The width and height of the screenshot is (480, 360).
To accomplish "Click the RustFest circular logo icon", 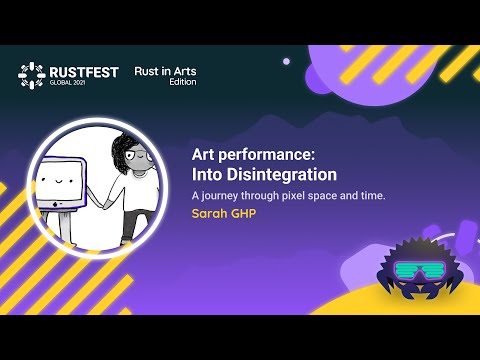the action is (x=32, y=76).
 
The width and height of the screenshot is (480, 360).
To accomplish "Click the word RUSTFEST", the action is (x=84, y=72).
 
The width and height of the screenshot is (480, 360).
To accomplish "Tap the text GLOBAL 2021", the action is (x=67, y=83).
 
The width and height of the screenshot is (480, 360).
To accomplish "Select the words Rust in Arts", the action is (x=165, y=71).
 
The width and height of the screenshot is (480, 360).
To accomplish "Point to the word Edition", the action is (x=183, y=82).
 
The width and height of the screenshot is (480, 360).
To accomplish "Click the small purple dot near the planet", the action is (x=286, y=61).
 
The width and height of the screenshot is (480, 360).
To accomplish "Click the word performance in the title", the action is (x=266, y=155).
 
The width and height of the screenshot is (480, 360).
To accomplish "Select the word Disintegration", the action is (x=282, y=174).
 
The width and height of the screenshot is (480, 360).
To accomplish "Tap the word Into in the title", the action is (x=207, y=174).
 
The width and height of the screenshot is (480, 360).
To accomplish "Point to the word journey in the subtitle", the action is (x=219, y=196).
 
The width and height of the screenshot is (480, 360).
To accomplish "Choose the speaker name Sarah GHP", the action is (x=224, y=213).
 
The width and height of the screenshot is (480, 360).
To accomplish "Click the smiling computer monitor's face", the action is (x=57, y=180).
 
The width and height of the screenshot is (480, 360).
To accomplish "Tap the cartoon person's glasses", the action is (x=138, y=155).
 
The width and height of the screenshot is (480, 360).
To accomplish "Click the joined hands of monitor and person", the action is (x=106, y=203).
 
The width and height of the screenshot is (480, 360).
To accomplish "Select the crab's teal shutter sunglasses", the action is (x=420, y=270).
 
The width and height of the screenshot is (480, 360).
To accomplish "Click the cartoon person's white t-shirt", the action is (x=140, y=191).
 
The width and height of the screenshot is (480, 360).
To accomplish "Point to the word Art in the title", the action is (x=203, y=154).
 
